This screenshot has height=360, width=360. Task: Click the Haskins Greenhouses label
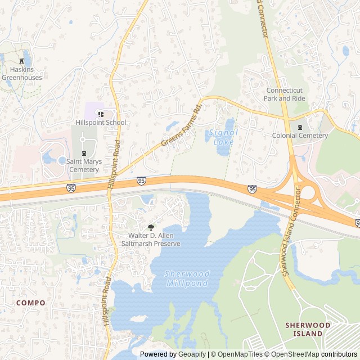coord(21,74)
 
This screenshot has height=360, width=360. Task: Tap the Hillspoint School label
coord(101,122)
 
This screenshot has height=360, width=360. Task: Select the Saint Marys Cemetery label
coord(83,165)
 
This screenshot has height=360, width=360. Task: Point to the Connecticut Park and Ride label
coord(284,94)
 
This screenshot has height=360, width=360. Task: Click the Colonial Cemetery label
coord(300,136)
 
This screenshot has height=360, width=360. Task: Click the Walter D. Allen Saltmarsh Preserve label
coord(151,240)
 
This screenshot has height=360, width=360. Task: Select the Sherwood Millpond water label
coord(187,278)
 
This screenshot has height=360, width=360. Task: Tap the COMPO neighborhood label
coord(31,303)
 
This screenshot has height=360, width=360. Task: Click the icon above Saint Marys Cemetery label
coord(84,153)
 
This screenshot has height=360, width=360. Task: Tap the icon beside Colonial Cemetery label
coord(300,128)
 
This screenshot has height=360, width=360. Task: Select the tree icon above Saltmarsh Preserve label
coord(151,227)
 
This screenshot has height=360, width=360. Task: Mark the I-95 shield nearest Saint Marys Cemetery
coord(71,188)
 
